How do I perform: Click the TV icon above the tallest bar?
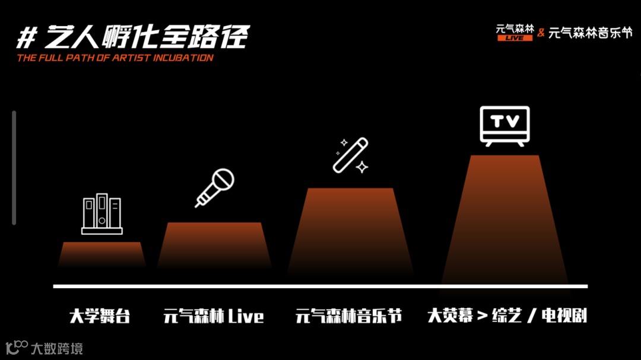pyautogui.click(x=504, y=126)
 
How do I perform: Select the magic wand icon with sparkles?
pyautogui.click(x=351, y=155)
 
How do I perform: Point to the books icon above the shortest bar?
pyautogui.click(x=102, y=214)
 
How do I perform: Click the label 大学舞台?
pyautogui.click(x=100, y=316)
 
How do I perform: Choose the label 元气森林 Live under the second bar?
pyautogui.click(x=214, y=316)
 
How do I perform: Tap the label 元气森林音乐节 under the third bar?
pyautogui.click(x=349, y=316)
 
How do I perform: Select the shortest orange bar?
pyautogui.click(x=102, y=255)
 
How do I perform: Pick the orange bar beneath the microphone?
pyautogui.click(x=214, y=246)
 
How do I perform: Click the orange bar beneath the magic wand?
pyautogui.click(x=350, y=231)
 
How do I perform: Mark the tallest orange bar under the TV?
pyautogui.click(x=505, y=219)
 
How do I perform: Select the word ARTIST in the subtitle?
pyautogui.click(x=125, y=58)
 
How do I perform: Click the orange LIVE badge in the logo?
pyautogui.click(x=515, y=38)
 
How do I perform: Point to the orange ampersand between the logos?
pyautogui.click(x=541, y=33)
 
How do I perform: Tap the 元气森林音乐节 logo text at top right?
pyautogui.click(x=591, y=33)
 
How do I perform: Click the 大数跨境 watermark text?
pyautogui.click(x=57, y=348)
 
